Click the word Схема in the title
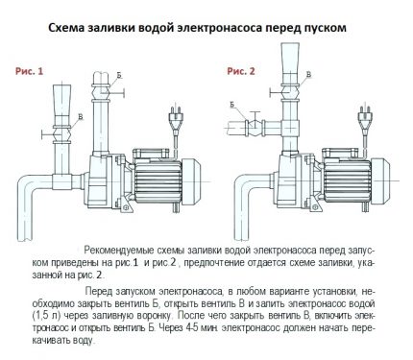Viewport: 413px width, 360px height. coord(75,27)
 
